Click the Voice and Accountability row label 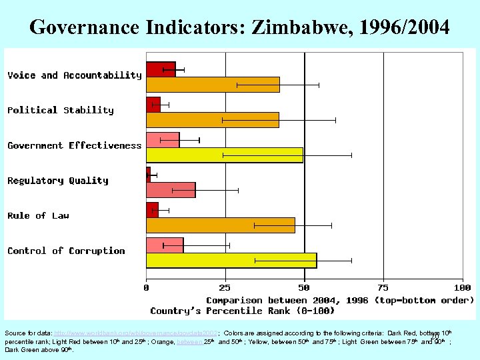click(75, 75)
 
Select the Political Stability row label click(61, 110)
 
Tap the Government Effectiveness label click(75, 145)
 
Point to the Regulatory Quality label click(58, 181)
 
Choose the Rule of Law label click(39, 215)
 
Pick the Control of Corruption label click(67, 251)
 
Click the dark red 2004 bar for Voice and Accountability click(161, 69)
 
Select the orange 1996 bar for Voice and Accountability click(213, 85)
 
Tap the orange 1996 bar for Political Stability click(212, 120)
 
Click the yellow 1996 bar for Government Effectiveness click(224, 155)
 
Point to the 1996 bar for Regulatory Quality click(171, 190)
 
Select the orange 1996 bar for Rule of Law click(220, 225)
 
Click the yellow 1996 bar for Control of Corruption click(231, 260)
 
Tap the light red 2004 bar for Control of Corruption click(165, 245)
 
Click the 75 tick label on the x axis click(383, 287)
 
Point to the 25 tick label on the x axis click(225, 287)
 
